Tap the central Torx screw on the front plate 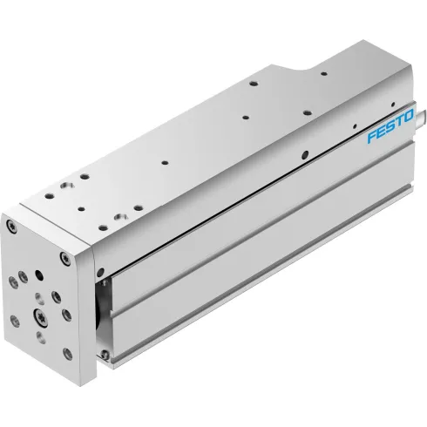41,311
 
